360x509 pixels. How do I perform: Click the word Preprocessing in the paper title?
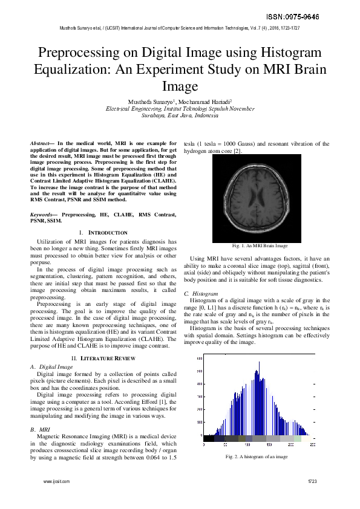84,53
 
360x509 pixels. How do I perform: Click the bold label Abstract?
42,143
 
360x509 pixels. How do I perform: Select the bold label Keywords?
44,215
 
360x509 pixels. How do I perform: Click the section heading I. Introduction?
103,233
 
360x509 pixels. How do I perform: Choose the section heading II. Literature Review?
103,358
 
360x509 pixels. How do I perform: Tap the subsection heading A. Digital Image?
51,367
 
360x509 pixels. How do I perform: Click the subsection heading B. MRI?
40,429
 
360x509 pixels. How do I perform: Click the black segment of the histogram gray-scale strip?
209,438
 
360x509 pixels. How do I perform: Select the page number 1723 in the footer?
312,481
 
